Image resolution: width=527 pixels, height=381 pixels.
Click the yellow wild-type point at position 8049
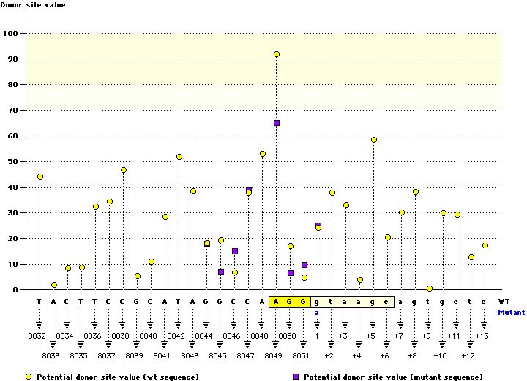pyautogui.click(x=277, y=54)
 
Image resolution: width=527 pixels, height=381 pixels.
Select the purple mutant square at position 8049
pyautogui.click(x=277, y=123)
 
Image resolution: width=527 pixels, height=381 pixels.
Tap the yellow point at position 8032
pyautogui.click(x=40, y=177)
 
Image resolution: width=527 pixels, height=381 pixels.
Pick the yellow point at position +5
pyautogui.click(x=374, y=140)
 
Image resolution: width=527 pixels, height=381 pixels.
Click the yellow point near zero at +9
pyautogui.click(x=430, y=289)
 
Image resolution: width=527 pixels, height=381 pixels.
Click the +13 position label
pyautogui.click(x=482, y=335)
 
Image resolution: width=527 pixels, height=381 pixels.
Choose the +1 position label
pyautogui.click(x=315, y=335)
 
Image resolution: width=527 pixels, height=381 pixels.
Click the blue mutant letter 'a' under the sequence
pyautogui.click(x=318, y=312)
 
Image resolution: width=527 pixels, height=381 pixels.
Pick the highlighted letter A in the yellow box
pyautogui.click(x=277, y=301)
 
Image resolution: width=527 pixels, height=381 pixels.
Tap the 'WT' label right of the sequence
pyautogui.click(x=504, y=301)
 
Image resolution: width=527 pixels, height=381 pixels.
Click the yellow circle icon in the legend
pyautogui.click(x=29, y=377)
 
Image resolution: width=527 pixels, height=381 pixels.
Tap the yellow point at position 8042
pyautogui.click(x=179, y=157)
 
